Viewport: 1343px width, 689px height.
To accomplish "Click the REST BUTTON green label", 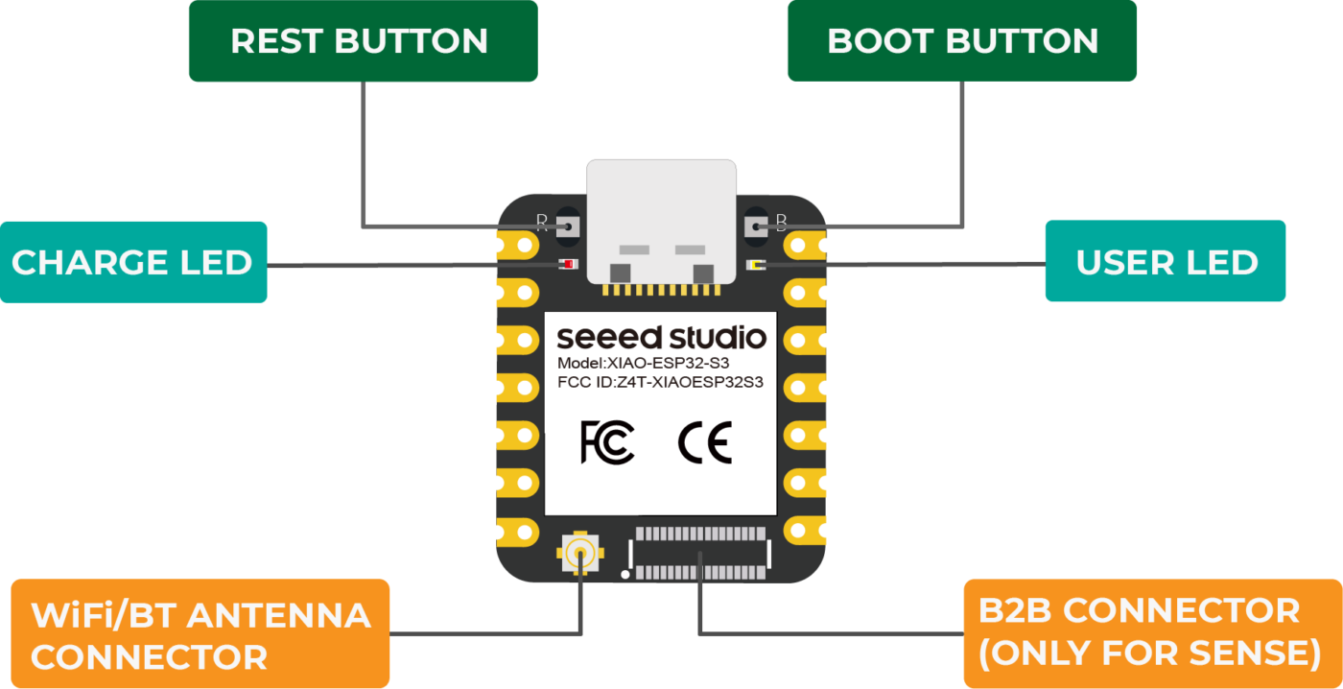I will point(362,40).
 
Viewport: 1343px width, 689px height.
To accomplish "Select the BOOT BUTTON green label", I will point(961,40).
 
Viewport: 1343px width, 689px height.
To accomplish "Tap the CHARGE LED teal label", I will point(132,262).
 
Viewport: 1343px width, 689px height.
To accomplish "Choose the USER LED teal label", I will point(1165,262).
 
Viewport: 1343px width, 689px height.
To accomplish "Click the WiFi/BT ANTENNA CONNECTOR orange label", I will point(200,633).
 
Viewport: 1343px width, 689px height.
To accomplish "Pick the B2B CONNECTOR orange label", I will point(1151,632).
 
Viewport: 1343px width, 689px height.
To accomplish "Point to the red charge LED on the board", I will point(569,264).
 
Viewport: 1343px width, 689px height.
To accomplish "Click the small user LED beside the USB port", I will point(754,264).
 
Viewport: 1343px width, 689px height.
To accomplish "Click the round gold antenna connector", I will point(578,553).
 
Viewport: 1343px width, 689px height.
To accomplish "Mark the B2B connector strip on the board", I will point(700,553).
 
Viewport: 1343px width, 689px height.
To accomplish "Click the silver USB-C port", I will point(662,221).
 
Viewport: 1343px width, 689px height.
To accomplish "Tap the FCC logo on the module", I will point(607,442).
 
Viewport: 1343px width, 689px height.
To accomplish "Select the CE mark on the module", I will point(704,442).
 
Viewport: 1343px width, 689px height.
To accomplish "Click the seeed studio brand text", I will point(661,338).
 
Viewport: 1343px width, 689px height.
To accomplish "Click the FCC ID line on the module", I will point(660,383).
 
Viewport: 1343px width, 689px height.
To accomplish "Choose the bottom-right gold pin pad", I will point(810,530).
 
